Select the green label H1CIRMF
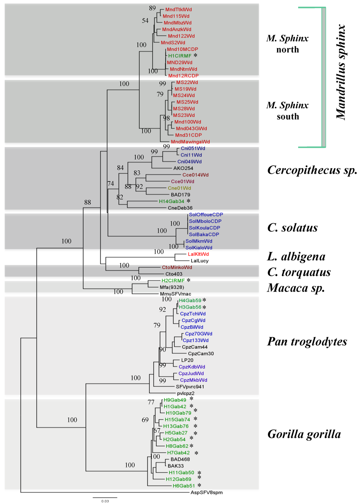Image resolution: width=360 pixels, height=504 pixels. (x=180, y=56)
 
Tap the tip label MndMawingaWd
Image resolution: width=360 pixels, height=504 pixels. (x=190, y=142)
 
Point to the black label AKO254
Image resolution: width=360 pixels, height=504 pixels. (x=183, y=168)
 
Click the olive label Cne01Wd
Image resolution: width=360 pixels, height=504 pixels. (x=179, y=188)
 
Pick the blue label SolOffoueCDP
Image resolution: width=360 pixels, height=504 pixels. (x=206, y=215)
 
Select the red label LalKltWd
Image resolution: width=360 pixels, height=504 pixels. (x=198, y=254)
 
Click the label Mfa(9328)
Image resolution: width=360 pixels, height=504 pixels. (x=172, y=287)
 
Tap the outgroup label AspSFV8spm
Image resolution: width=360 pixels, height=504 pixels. (x=206, y=492)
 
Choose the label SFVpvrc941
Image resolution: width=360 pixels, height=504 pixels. (x=190, y=387)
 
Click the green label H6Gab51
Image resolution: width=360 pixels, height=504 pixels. (x=184, y=486)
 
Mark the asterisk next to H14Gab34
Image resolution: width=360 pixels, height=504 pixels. (x=189, y=201)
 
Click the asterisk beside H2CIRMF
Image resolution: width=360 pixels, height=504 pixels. (x=189, y=280)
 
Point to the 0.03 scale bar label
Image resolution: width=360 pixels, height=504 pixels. (x=105, y=501)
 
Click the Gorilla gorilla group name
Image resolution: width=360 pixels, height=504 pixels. (x=304, y=434)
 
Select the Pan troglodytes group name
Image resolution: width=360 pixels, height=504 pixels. (x=307, y=342)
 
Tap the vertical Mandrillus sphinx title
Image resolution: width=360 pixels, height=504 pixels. (x=341, y=72)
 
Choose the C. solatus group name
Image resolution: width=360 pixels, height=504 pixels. (x=292, y=228)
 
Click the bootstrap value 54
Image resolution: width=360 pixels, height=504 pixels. (x=145, y=21)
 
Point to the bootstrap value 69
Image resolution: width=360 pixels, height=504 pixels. (x=145, y=420)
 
